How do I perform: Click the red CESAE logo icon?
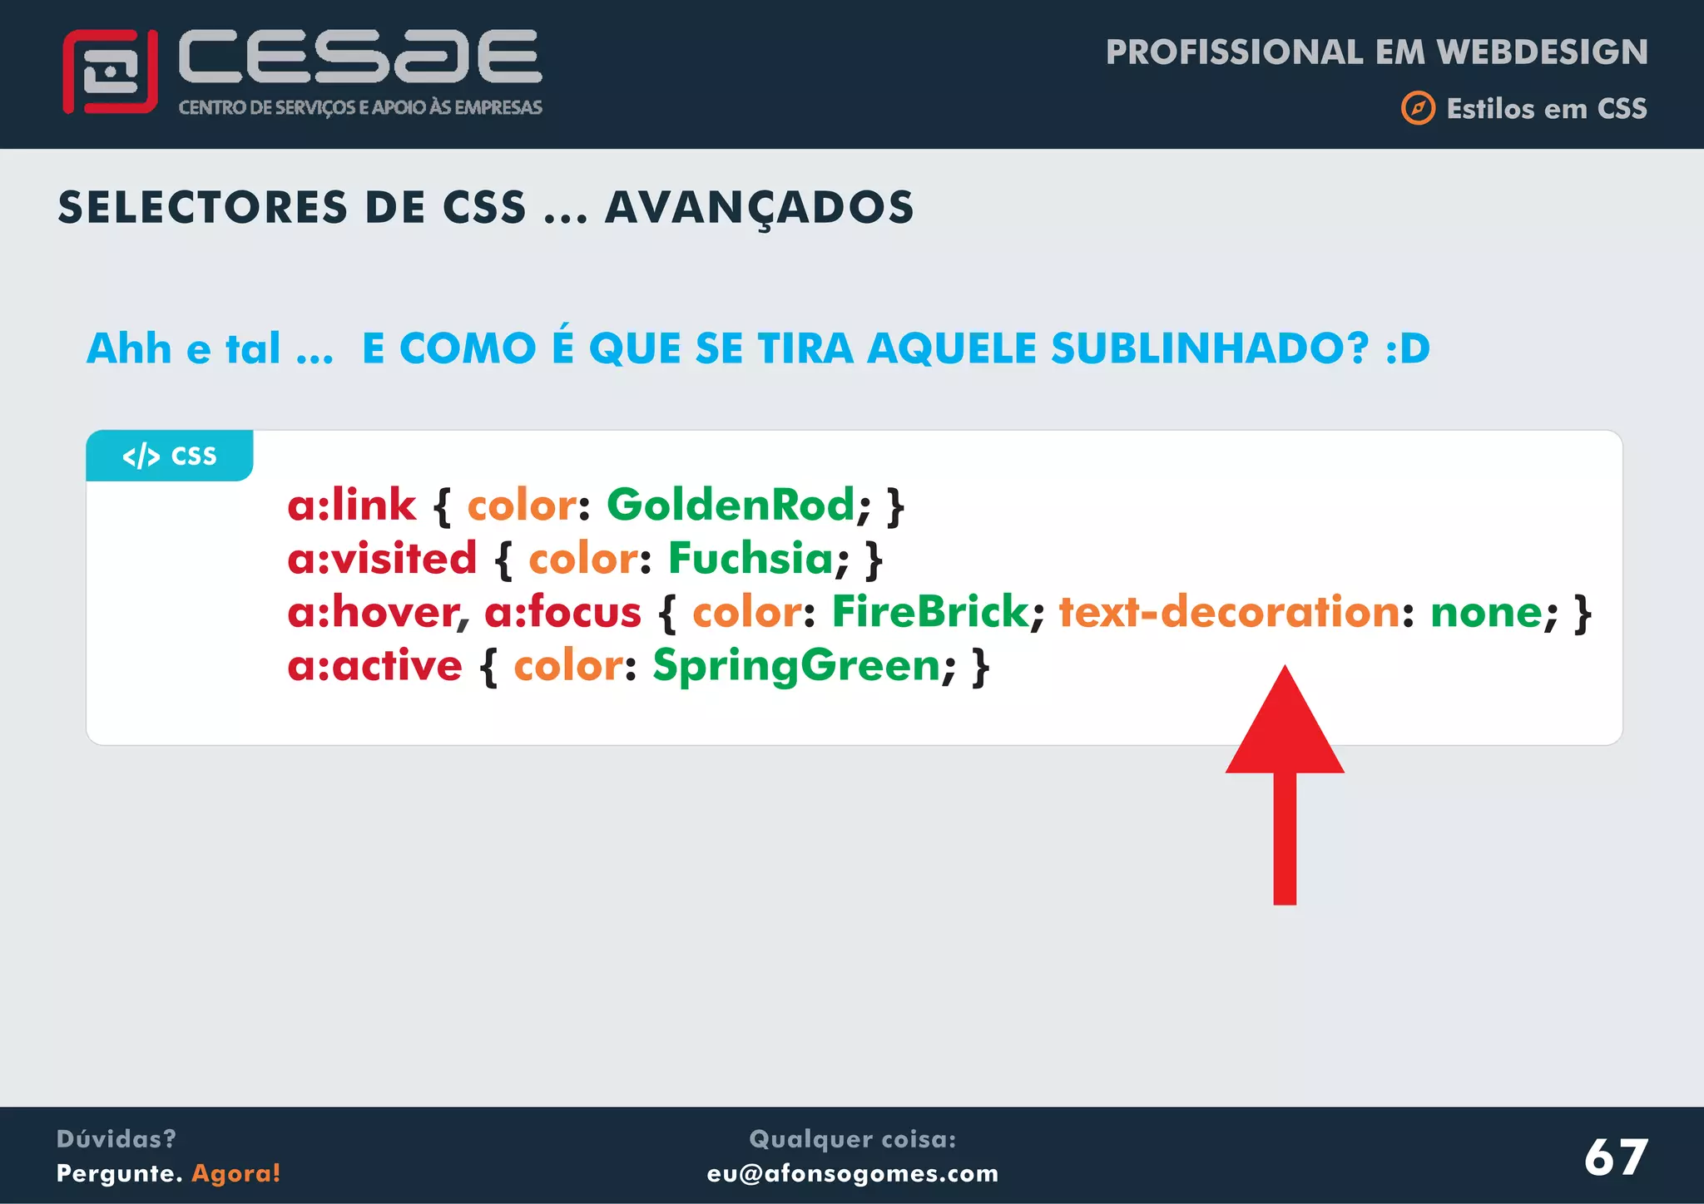click(110, 72)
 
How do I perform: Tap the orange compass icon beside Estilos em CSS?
click(1418, 108)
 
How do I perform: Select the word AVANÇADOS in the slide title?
click(759, 208)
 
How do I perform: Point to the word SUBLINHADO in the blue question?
click(1209, 348)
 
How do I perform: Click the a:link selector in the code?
click(351, 505)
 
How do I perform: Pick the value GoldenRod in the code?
click(731, 505)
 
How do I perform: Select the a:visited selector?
click(382, 558)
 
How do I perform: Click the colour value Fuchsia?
click(750, 558)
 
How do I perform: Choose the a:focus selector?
click(562, 612)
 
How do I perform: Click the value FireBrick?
click(930, 612)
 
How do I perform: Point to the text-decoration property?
click(1230, 612)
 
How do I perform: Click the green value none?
click(1486, 612)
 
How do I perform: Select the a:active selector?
click(374, 665)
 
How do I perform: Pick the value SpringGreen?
click(796, 665)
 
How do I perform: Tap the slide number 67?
click(1615, 1157)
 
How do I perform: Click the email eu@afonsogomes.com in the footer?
click(852, 1173)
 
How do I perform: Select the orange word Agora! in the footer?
click(236, 1173)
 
